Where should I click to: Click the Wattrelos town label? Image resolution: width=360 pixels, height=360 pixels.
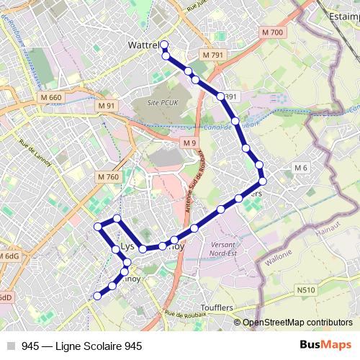143,45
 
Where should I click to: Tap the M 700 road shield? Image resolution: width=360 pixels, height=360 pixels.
273,32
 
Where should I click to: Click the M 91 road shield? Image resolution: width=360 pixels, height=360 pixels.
106,106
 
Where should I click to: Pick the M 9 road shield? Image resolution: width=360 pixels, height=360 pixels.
189,143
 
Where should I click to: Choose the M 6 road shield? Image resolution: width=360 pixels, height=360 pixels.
300,168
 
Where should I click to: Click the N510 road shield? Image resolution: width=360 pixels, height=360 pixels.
305,290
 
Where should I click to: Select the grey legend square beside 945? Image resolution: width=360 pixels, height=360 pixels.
12,346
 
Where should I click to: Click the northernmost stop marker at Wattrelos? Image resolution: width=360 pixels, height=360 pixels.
164,45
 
